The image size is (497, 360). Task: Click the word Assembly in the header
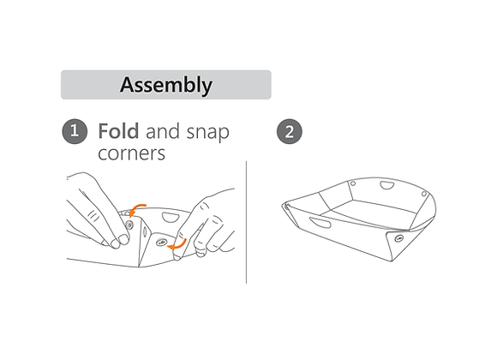(x=166, y=85)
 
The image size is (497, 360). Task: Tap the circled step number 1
(x=75, y=131)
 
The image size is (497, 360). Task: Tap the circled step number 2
(x=290, y=131)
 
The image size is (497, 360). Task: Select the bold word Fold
(x=118, y=131)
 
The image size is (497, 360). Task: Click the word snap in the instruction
(x=207, y=133)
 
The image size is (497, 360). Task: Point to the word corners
(x=132, y=153)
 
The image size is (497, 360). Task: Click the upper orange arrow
(x=137, y=209)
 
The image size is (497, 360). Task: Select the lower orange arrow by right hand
(x=177, y=245)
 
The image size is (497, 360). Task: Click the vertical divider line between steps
(x=246, y=222)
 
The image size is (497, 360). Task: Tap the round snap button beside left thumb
(x=129, y=225)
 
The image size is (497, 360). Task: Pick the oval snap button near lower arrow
(x=162, y=243)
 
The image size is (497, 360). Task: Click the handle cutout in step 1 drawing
(x=171, y=218)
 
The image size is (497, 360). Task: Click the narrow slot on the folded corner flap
(x=145, y=231)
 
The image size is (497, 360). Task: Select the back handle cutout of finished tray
(x=386, y=185)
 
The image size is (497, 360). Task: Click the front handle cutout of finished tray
(x=320, y=222)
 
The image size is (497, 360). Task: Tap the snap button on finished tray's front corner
(x=399, y=237)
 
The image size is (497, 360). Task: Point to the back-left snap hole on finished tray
(x=352, y=183)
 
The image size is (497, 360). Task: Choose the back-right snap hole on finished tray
(x=424, y=194)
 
